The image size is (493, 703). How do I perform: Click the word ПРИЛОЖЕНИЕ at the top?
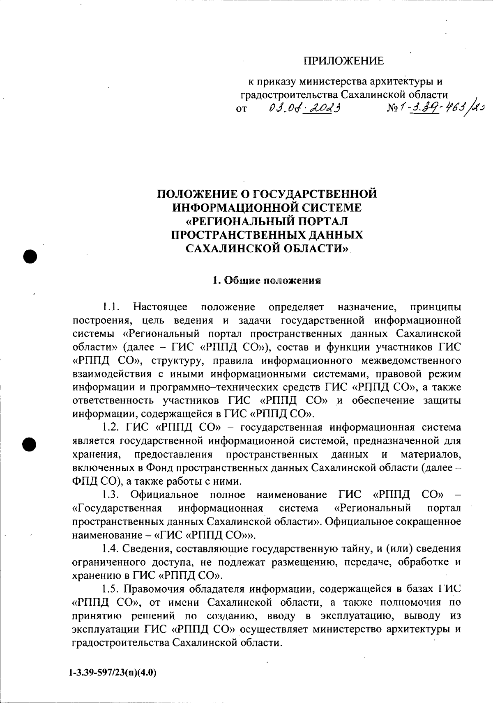pos(343,61)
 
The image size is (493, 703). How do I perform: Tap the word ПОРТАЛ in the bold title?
pos(322,221)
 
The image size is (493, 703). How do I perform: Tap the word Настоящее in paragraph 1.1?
pos(161,307)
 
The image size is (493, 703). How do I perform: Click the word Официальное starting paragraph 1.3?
pos(164,495)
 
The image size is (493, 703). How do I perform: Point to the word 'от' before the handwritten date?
pos(242,110)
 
